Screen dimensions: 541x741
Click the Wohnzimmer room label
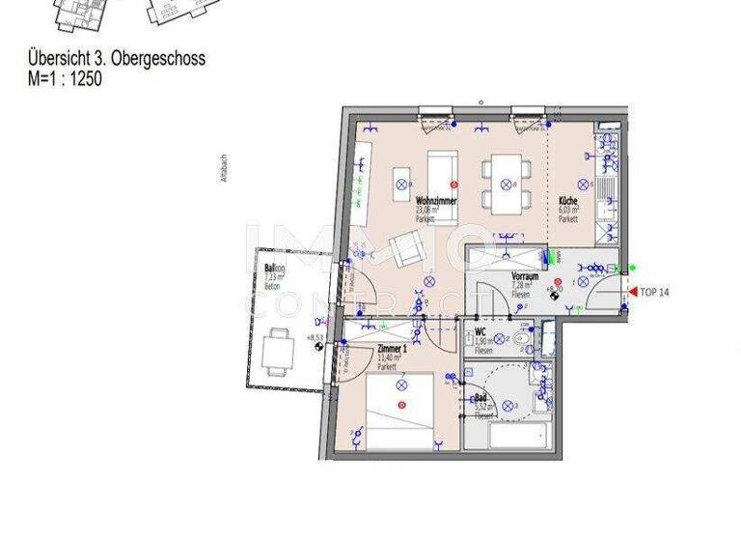[436, 200]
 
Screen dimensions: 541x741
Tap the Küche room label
[568, 201]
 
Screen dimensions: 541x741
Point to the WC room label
[480, 332]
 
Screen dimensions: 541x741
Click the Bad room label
[480, 397]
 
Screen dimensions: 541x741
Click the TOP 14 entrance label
[655, 290]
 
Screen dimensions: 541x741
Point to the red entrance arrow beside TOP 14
[631, 290]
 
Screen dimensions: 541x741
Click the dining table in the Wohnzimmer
[503, 185]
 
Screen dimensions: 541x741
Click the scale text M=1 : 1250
[66, 79]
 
